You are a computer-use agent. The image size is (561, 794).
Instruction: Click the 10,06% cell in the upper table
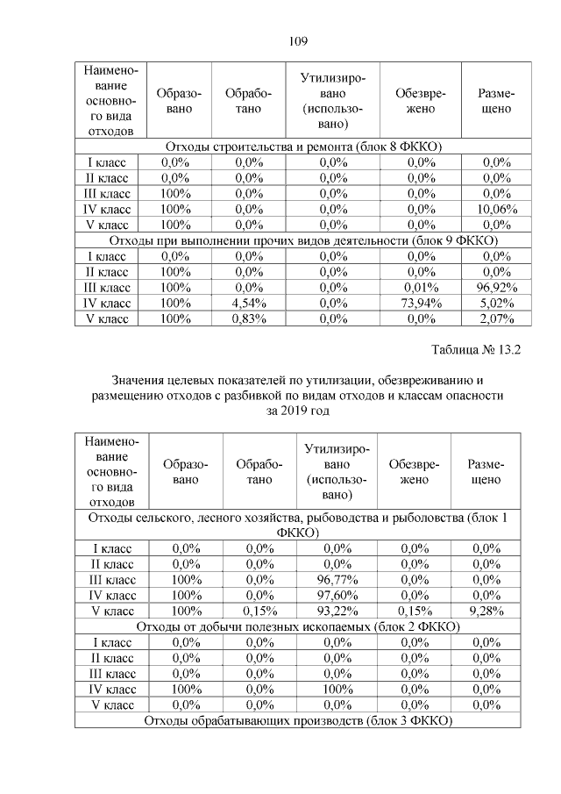click(496, 209)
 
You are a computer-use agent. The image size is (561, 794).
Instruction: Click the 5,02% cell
click(496, 303)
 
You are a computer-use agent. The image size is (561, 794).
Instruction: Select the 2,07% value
click(496, 318)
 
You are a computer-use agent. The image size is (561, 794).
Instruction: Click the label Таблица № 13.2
click(476, 350)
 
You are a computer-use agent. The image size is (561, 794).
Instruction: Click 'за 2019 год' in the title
click(297, 411)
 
